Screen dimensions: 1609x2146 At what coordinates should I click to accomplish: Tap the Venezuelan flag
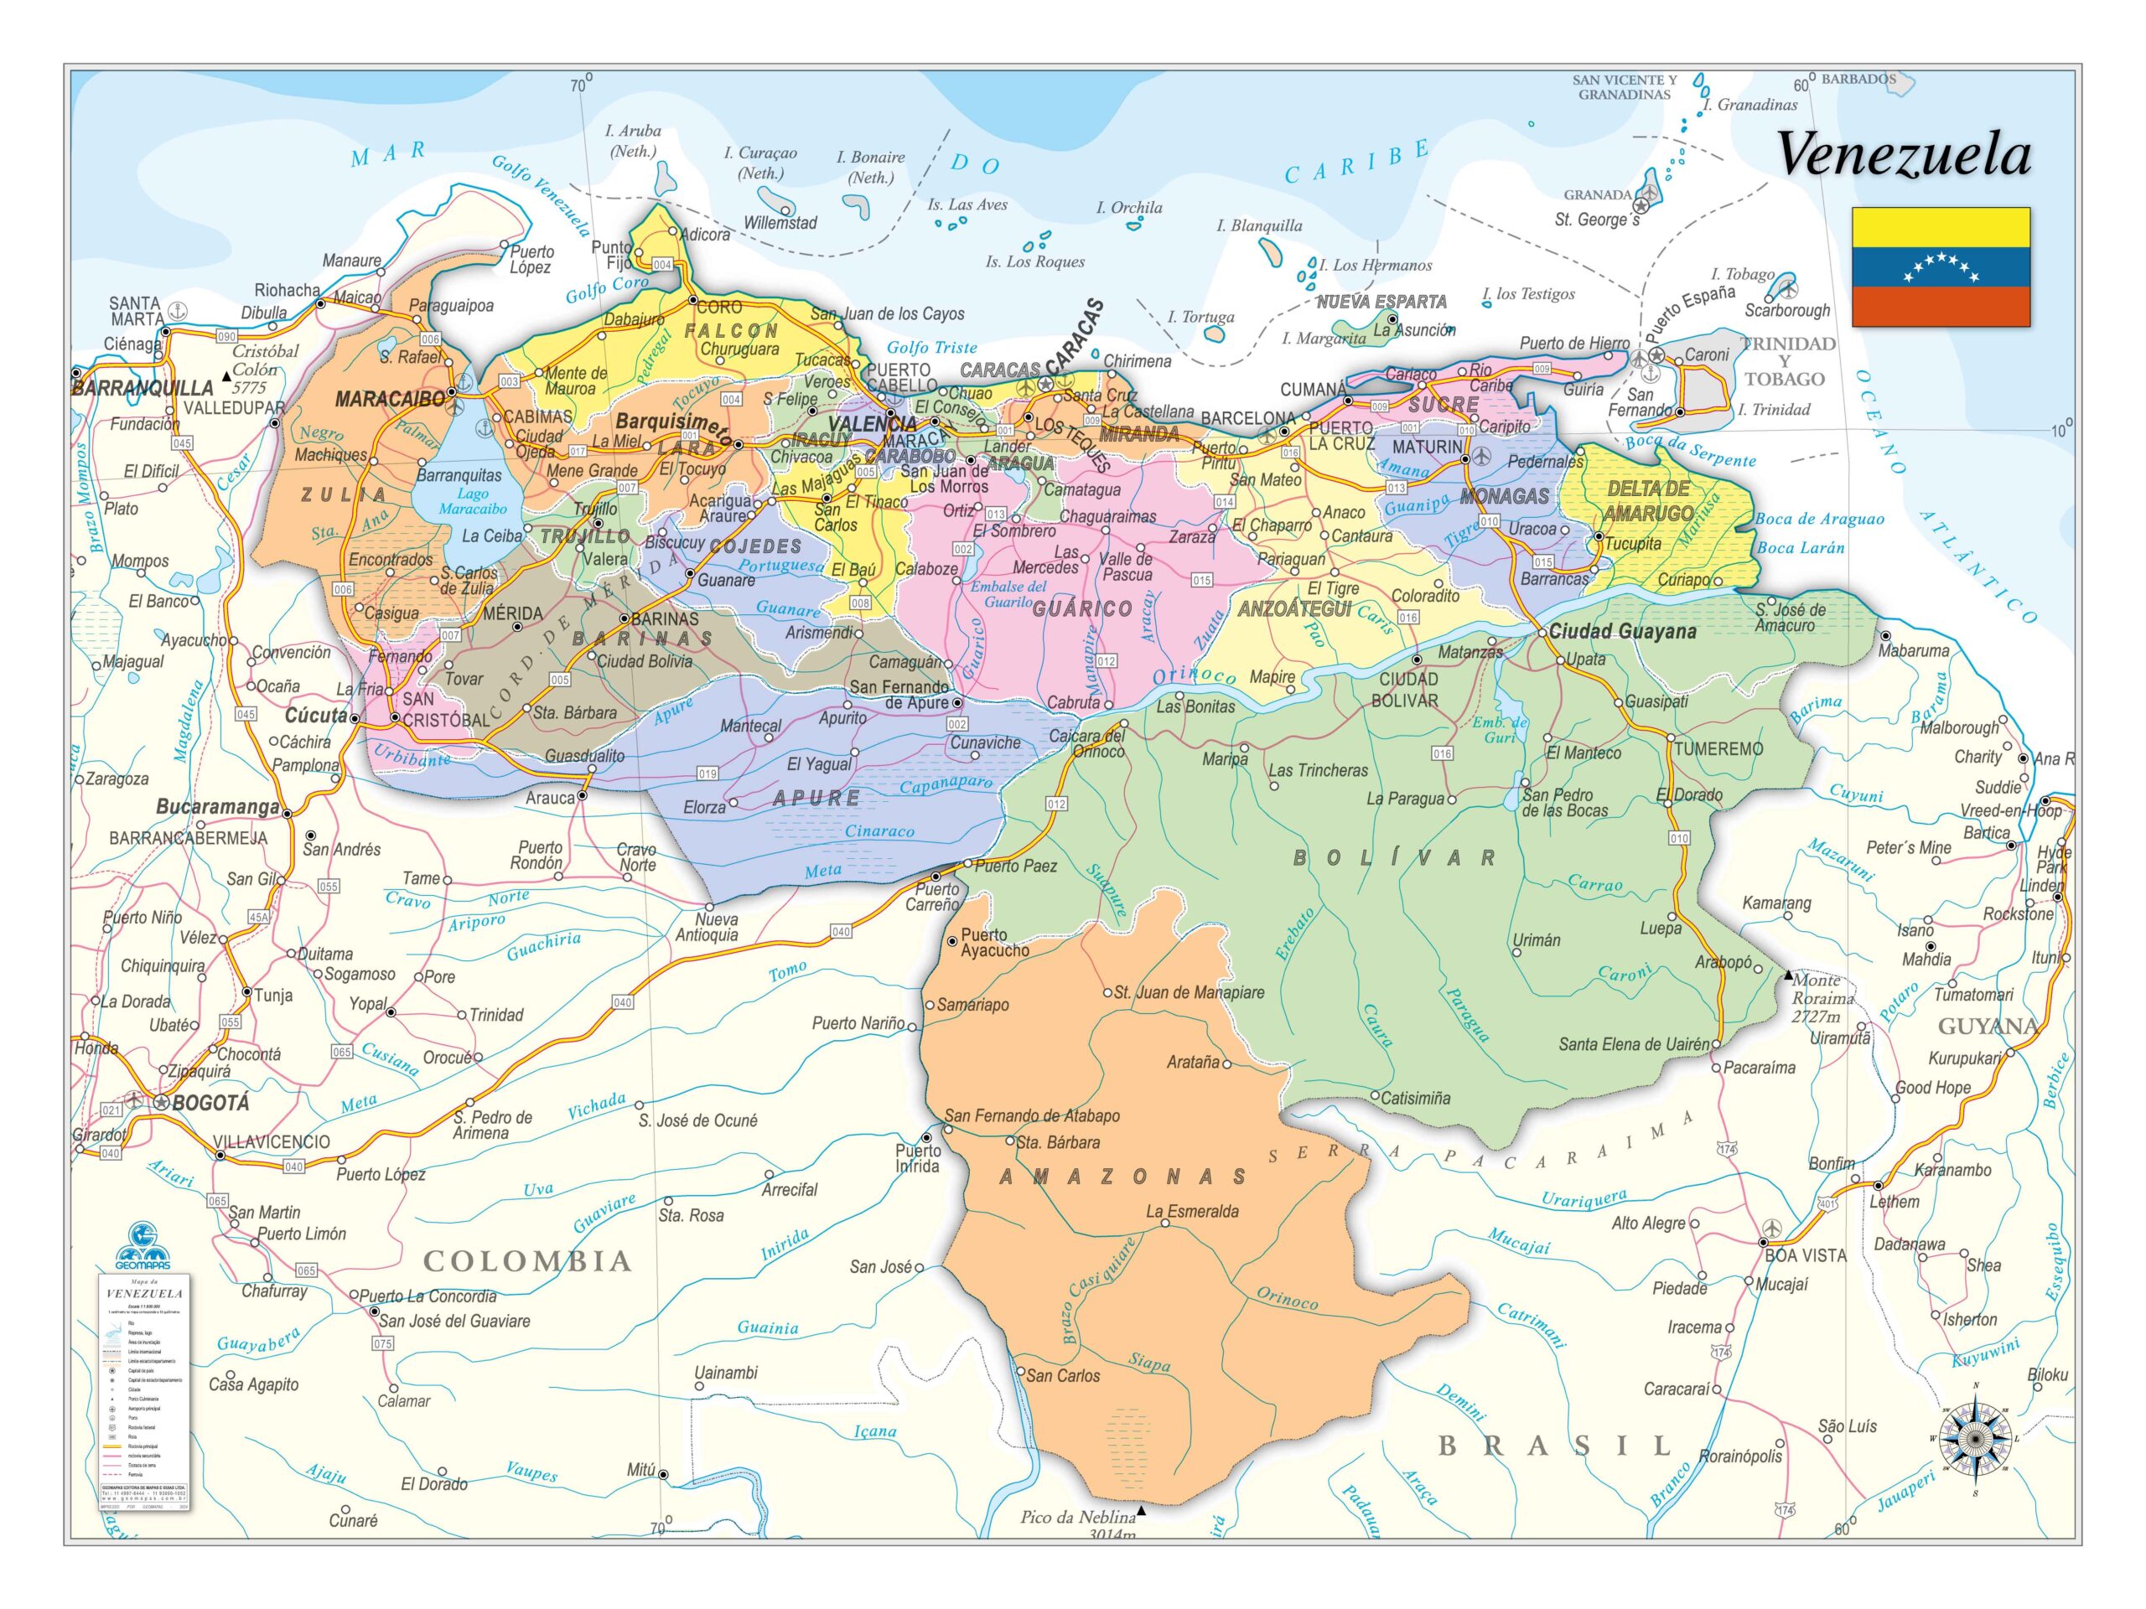[1939, 266]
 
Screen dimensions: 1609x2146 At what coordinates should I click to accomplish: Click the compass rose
[1974, 1438]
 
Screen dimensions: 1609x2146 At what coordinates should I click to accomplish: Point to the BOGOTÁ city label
[210, 1103]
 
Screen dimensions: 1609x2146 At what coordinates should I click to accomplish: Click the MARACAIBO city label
[389, 399]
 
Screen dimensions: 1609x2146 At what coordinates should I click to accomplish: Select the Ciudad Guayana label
[1621, 631]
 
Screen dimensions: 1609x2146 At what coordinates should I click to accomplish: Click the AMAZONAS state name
[1122, 1177]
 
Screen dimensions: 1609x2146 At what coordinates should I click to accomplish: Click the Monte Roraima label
[1822, 998]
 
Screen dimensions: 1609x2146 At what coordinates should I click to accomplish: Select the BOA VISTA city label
[1805, 1255]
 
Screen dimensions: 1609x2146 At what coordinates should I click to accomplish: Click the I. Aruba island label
[633, 141]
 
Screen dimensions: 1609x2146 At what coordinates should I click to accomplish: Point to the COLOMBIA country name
[528, 1262]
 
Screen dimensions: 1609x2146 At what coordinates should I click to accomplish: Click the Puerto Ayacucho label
[993, 943]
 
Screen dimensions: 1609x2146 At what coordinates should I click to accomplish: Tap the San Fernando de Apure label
[899, 695]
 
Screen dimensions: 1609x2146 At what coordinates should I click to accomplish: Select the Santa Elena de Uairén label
[1634, 1044]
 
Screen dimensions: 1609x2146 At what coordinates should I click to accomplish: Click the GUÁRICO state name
[1081, 609]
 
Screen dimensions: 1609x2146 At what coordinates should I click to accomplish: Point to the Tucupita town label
[1632, 544]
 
